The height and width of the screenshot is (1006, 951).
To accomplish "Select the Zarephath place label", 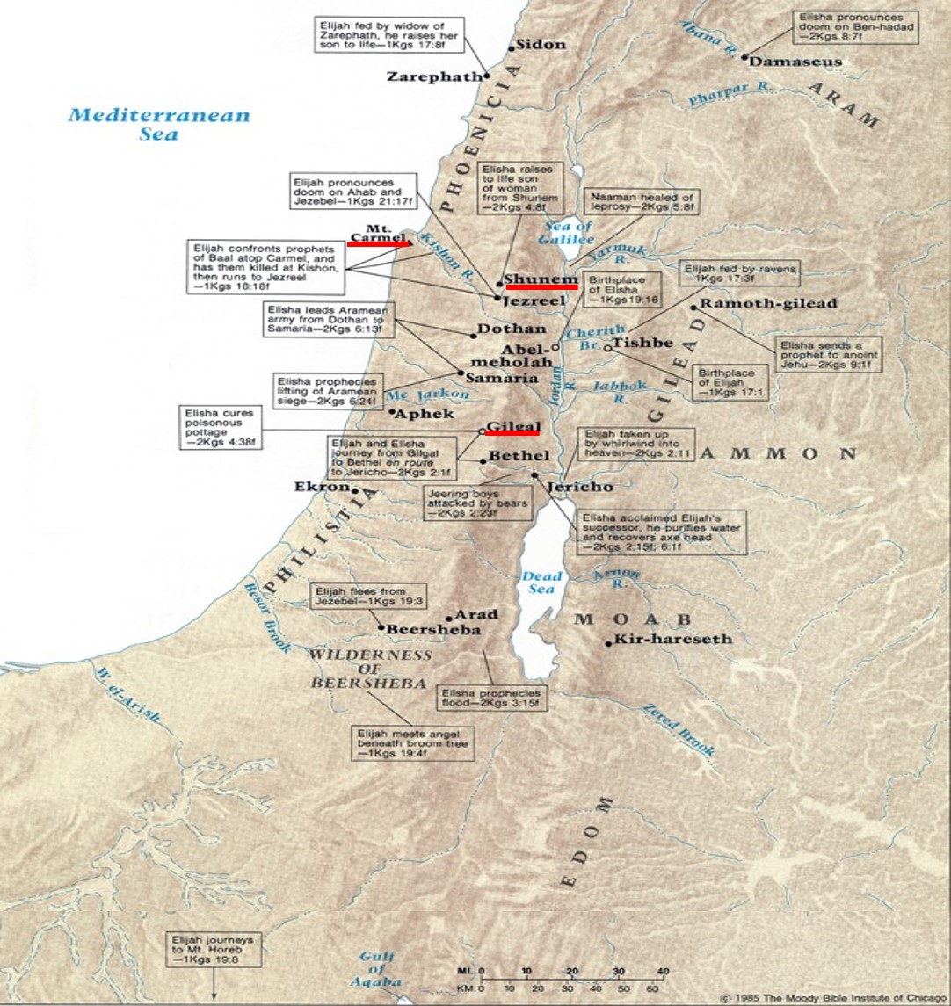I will click(434, 77).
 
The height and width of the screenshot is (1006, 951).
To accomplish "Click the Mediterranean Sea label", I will click(159, 124).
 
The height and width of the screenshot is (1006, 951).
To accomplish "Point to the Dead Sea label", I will click(541, 583).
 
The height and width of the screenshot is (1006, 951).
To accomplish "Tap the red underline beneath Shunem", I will click(541, 286).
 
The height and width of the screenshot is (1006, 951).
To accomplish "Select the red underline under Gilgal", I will click(512, 432).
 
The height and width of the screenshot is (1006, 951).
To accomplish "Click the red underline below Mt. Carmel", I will click(378, 244).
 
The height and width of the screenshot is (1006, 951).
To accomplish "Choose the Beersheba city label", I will click(433, 630).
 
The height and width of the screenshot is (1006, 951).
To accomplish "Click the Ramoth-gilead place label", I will click(768, 304).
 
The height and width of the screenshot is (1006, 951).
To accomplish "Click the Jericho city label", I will click(579, 486).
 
